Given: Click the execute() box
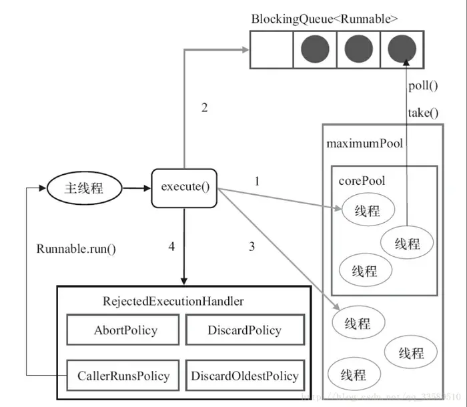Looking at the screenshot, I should pos(185,187).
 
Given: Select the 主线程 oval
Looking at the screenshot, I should pos(83,187).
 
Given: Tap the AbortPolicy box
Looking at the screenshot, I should pos(125,330).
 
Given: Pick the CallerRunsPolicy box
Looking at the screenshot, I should pos(125,375).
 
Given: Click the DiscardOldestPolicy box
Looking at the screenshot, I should pos(244,375).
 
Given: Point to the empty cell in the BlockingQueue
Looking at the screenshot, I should pos(272,49).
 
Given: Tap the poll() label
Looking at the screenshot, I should pos(422,85).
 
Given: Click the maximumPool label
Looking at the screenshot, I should pos(364,143).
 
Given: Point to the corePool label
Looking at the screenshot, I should pos(362,181).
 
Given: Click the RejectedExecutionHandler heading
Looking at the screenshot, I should pos(173,301).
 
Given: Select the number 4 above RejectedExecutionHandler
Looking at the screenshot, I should pos(171,246).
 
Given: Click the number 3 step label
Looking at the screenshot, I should pos(252,246).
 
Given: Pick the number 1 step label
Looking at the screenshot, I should pos(257,181).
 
